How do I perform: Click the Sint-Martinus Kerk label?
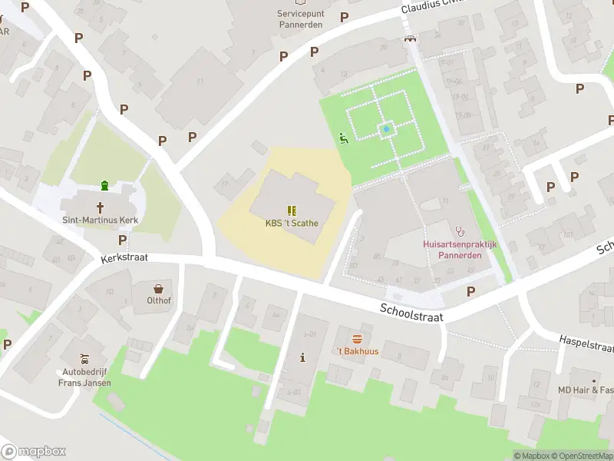click(x=100, y=220)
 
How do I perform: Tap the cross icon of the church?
click(x=101, y=207)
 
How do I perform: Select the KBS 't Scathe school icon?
click(x=292, y=210)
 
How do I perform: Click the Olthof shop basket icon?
click(x=159, y=289)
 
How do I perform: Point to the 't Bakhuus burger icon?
click(x=357, y=339)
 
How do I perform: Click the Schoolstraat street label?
click(x=411, y=312)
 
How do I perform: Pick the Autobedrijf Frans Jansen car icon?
click(x=84, y=359)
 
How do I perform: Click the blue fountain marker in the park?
click(x=386, y=129)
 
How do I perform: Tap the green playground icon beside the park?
click(x=343, y=138)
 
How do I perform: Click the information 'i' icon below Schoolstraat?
click(x=302, y=357)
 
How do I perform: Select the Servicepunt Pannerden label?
click(x=300, y=18)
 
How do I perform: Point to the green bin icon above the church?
click(x=104, y=185)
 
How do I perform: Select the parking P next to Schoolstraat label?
click(x=470, y=291)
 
